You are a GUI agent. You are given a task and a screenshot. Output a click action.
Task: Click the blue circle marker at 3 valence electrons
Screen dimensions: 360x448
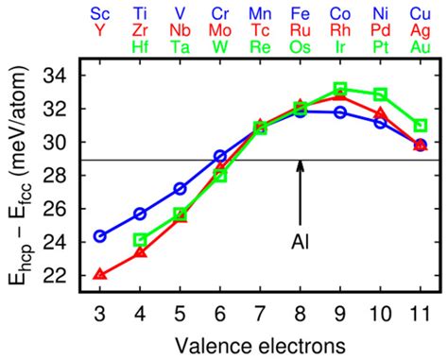(100, 235)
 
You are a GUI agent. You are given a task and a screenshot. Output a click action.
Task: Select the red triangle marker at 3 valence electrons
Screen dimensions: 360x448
(100, 274)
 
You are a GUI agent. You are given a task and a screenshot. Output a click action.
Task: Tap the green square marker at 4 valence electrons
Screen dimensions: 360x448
(140, 240)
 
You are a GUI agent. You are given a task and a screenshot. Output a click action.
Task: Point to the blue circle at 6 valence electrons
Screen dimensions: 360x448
(220, 155)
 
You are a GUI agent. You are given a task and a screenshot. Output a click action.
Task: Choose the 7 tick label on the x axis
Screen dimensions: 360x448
(260, 312)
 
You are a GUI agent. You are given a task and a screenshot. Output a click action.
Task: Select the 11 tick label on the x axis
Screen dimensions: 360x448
(421, 312)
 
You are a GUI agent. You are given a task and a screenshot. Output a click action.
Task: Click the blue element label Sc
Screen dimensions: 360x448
(100, 13)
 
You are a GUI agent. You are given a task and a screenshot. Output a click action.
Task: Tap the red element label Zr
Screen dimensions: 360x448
(140, 28)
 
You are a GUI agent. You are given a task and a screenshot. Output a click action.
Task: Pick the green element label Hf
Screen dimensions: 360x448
(140, 43)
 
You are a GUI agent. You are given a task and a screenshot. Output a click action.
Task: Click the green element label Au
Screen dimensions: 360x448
(421, 43)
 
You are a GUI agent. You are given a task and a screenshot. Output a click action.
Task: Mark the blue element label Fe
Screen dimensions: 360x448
(300, 13)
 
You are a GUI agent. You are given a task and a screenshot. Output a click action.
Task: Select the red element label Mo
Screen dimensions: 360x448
(220, 28)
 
